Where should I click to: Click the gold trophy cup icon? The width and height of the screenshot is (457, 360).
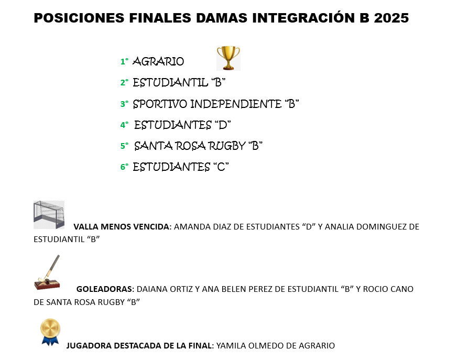coord(228,58)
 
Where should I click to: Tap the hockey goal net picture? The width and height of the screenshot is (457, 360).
coord(49,214)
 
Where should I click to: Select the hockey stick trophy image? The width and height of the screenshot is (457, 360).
coord(47,272)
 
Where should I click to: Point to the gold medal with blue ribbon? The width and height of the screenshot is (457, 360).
coord(50,332)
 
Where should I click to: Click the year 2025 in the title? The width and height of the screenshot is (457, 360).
coord(391,18)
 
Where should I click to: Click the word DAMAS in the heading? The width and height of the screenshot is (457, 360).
coord(222,18)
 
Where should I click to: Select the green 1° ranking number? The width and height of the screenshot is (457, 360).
coord(124,61)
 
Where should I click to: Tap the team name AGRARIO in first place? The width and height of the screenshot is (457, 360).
coord(158,61)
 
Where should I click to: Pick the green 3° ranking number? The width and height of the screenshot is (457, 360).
coord(124,104)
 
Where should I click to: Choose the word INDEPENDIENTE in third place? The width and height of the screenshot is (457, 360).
coord(236,104)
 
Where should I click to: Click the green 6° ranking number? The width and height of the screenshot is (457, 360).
coord(124,167)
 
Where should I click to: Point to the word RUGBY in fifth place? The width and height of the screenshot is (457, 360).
coord(223,146)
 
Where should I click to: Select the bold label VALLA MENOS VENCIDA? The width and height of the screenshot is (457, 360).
coord(122,226)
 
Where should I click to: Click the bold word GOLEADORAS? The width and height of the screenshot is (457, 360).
coord(104,289)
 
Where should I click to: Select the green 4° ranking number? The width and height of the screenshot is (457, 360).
coord(124,125)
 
